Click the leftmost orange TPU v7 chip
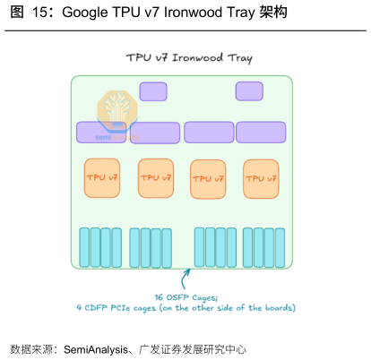102,178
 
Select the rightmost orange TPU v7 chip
261,179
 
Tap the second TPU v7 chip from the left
156,178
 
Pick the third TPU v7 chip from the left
208,179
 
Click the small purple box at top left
153,91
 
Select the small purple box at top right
249,91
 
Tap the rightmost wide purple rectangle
261,132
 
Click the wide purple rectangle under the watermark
101,132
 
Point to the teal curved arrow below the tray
185,279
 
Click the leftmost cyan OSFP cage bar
84,247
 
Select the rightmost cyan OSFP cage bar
280,248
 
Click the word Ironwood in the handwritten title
197,57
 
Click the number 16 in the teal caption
159,297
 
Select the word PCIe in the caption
120,308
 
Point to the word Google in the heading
85,13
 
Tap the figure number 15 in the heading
39,13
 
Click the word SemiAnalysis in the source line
96,349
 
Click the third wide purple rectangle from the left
209,132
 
